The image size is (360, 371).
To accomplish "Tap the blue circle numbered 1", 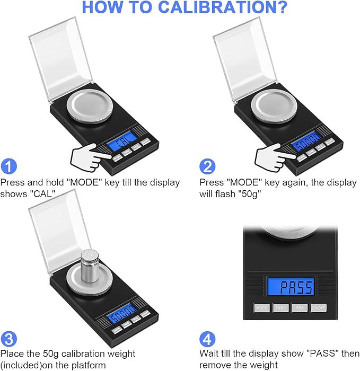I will click(x=10, y=166).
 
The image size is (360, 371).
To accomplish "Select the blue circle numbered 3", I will click(x=10, y=339).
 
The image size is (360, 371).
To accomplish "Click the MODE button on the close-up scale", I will click(x=262, y=307).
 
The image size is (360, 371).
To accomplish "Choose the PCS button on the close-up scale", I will click(x=300, y=307).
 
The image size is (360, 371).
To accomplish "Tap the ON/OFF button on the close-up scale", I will click(x=318, y=307).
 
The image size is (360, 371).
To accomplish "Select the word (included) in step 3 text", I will click(x=21, y=365).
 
